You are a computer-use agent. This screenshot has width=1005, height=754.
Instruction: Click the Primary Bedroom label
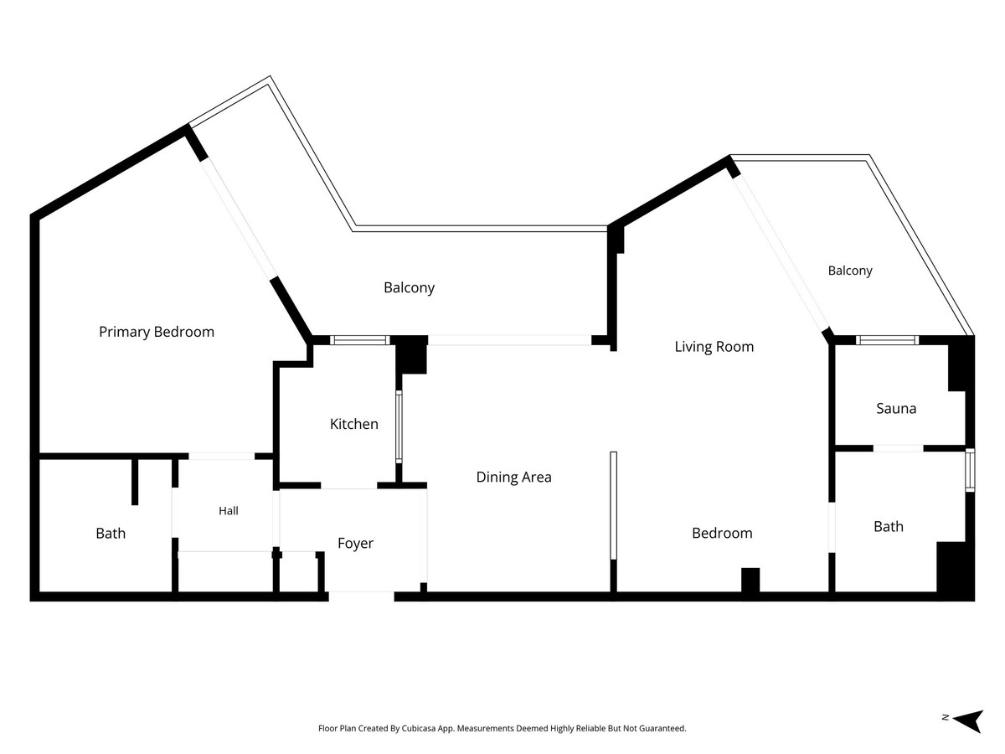(157, 332)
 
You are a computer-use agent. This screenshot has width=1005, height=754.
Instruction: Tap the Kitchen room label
(354, 424)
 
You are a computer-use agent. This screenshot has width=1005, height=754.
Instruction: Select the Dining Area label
(513, 477)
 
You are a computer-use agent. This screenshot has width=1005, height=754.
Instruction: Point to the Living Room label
(714, 347)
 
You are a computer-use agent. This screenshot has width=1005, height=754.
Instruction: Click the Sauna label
(896, 408)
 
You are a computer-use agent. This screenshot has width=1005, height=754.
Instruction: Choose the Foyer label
(355, 544)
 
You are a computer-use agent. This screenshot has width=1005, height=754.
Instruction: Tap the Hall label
(229, 510)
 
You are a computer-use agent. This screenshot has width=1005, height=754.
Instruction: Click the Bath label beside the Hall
(111, 534)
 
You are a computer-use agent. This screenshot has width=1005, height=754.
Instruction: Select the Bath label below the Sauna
(889, 526)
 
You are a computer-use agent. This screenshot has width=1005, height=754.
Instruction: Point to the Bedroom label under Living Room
(722, 533)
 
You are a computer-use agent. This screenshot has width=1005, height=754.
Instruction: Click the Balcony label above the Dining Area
(409, 287)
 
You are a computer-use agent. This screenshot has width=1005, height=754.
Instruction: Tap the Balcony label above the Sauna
(850, 271)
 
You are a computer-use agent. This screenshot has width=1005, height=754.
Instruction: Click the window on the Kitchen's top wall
(360, 340)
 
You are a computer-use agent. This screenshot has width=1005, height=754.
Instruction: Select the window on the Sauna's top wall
(887, 340)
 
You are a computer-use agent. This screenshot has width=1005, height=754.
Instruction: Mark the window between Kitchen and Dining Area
(399, 427)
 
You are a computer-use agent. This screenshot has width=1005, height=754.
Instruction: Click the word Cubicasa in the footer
(419, 728)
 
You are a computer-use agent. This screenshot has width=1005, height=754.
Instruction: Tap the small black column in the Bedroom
(750, 580)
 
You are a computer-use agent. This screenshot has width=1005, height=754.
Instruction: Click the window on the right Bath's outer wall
(970, 470)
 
